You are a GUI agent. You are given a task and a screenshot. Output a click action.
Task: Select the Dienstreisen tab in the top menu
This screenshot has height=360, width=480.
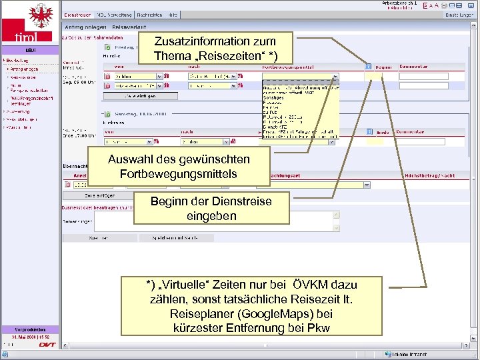[x=77, y=14]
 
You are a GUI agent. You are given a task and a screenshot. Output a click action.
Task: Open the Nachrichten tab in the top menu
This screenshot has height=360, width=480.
[x=149, y=14]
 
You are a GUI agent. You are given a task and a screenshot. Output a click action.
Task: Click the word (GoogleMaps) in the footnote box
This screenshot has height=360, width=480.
[x=280, y=313]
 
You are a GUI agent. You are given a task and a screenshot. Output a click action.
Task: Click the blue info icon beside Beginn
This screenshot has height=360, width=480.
[x=369, y=67]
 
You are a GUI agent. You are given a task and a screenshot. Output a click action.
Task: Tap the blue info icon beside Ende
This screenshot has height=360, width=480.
[x=369, y=132]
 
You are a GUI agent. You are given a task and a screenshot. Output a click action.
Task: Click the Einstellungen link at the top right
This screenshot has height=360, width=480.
[x=459, y=14]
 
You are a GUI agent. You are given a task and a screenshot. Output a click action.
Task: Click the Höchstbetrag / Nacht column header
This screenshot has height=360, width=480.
[x=429, y=175]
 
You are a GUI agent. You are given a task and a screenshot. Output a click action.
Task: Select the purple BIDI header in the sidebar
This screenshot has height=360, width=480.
[x=31, y=50]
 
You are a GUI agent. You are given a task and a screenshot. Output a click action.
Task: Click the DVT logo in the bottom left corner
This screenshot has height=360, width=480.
[x=47, y=345]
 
